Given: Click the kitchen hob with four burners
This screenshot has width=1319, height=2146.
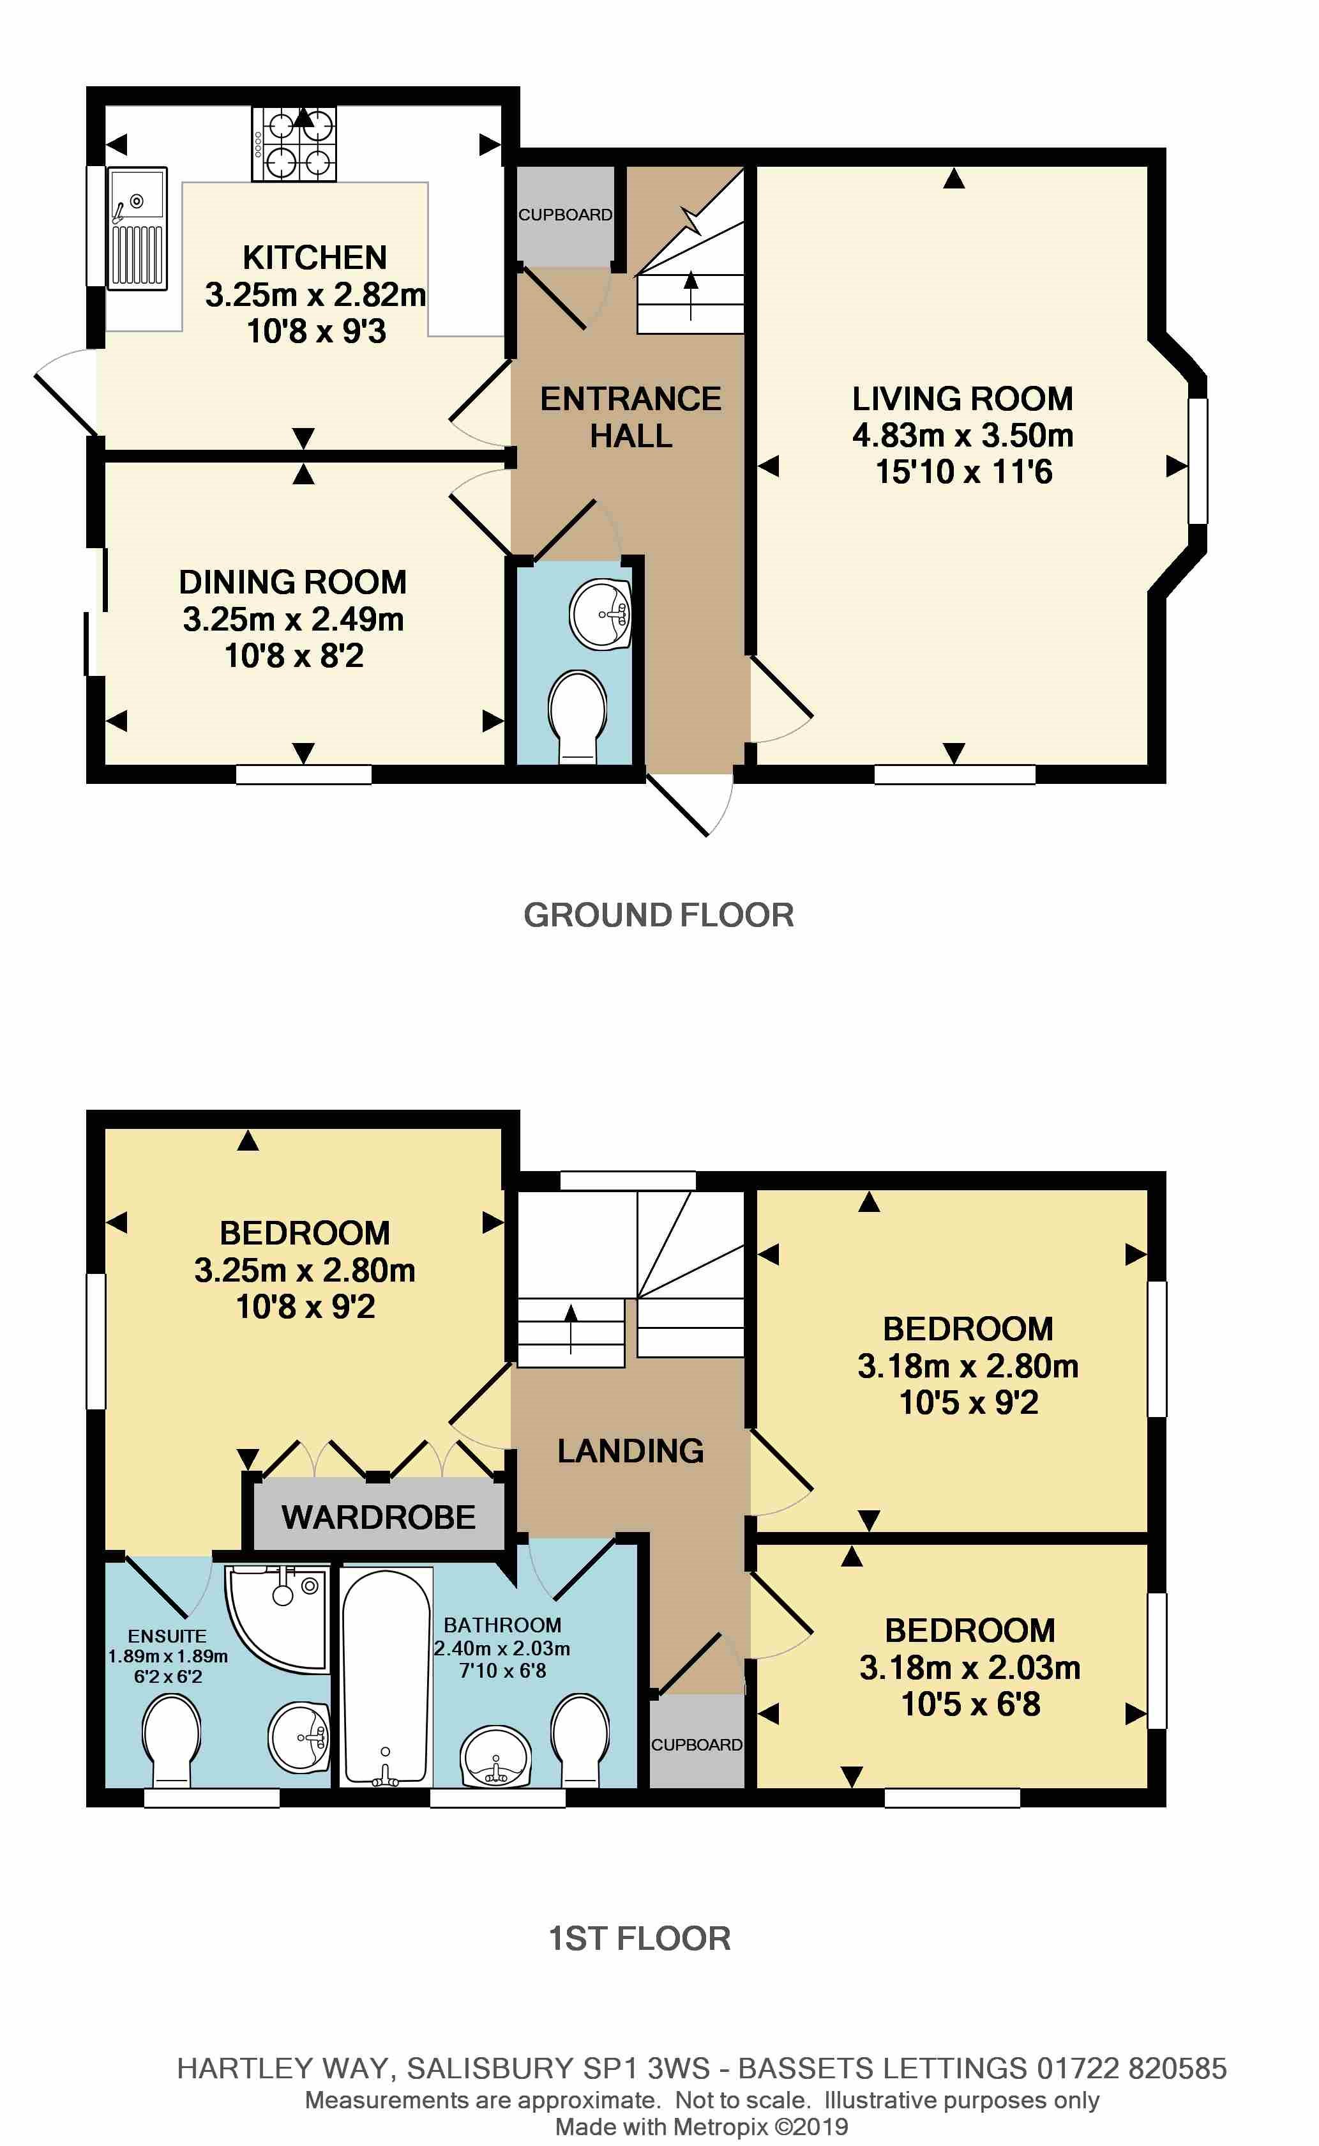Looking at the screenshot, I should (294, 144).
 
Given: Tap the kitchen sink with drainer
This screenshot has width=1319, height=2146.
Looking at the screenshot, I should (136, 229).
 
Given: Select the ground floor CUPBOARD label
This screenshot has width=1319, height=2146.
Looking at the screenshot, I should (564, 215).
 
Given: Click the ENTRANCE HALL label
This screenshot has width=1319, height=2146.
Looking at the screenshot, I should (630, 417).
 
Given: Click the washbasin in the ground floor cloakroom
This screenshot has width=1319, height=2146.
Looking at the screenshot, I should (600, 613).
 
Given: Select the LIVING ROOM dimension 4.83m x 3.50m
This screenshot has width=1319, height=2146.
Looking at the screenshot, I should (962, 434).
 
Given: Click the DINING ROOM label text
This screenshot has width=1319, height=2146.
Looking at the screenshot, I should (292, 582).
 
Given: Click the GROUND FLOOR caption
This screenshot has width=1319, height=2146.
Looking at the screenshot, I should (659, 915).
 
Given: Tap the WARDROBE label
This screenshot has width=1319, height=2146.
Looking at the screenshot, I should (378, 1517).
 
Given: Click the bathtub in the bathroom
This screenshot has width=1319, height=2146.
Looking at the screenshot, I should (385, 1676).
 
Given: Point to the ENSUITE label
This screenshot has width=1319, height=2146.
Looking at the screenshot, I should (167, 1636).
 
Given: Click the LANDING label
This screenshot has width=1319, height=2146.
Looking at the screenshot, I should (630, 1450).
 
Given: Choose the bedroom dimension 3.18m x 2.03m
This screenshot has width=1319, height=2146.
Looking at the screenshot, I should (969, 1667).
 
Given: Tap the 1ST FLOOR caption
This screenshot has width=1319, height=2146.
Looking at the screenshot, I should (640, 1938).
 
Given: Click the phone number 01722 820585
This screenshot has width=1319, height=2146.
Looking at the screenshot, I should (1131, 2068).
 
